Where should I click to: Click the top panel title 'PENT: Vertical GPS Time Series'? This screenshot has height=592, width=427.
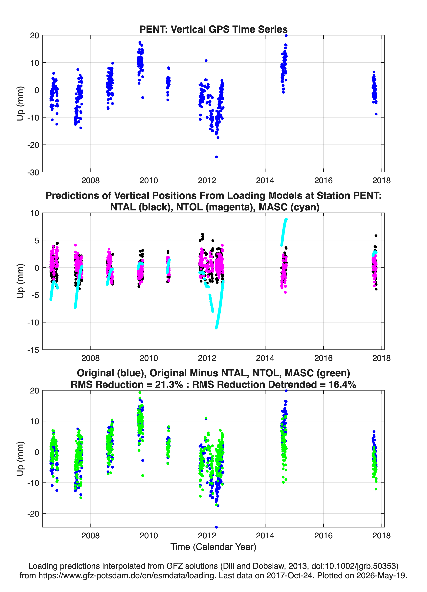pyautogui.click(x=213, y=29)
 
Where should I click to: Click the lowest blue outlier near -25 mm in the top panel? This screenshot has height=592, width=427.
pyautogui.click(x=216, y=157)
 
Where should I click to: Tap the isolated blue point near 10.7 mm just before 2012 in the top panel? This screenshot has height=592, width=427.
pyautogui.click(x=206, y=61)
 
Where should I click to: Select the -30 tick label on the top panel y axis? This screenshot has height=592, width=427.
pyautogui.click(x=33, y=172)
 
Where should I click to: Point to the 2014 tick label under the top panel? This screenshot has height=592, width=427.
pyautogui.click(x=265, y=180)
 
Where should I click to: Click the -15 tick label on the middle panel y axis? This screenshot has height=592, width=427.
pyautogui.click(x=33, y=350)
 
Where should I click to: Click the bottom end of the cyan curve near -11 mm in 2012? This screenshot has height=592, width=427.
pyautogui.click(x=216, y=328)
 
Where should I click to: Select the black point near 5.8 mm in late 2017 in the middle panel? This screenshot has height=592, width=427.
pyautogui.click(x=376, y=236)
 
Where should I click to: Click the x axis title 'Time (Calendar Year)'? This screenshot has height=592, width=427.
pyautogui.click(x=213, y=547)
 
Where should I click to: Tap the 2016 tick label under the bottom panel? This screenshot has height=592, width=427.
pyautogui.click(x=323, y=535)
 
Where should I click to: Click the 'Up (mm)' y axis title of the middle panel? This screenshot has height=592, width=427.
pyautogui.click(x=20, y=281)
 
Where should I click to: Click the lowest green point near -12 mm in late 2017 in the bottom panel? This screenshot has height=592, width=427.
pyautogui.click(x=376, y=489)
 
